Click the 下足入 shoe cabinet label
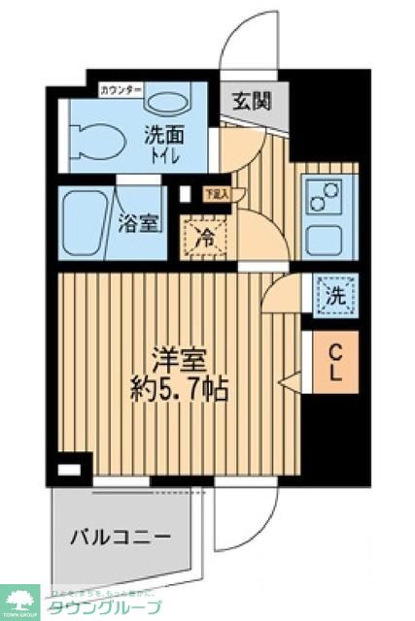point(215,193)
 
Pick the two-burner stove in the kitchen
point(322,200)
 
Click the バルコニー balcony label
point(121,535)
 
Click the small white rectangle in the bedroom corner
point(68,470)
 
